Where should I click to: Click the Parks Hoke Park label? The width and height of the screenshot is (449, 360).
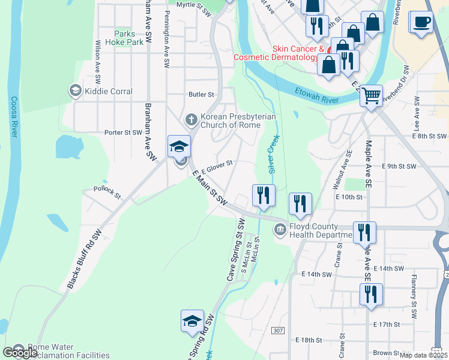pos(124,38)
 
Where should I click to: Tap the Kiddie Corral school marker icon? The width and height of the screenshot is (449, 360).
pos(75,91)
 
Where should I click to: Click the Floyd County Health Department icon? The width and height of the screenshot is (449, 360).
pos(280,230)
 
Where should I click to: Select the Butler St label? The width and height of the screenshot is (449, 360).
pos(201,95)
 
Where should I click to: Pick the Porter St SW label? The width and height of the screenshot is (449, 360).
pos(123,133)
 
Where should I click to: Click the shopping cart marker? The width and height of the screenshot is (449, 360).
pos(372,95)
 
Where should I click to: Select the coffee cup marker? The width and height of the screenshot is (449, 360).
pos(421,22)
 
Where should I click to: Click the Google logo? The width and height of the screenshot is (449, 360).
pos(20,353)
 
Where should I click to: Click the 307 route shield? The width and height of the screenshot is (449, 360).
pos(277,331)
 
